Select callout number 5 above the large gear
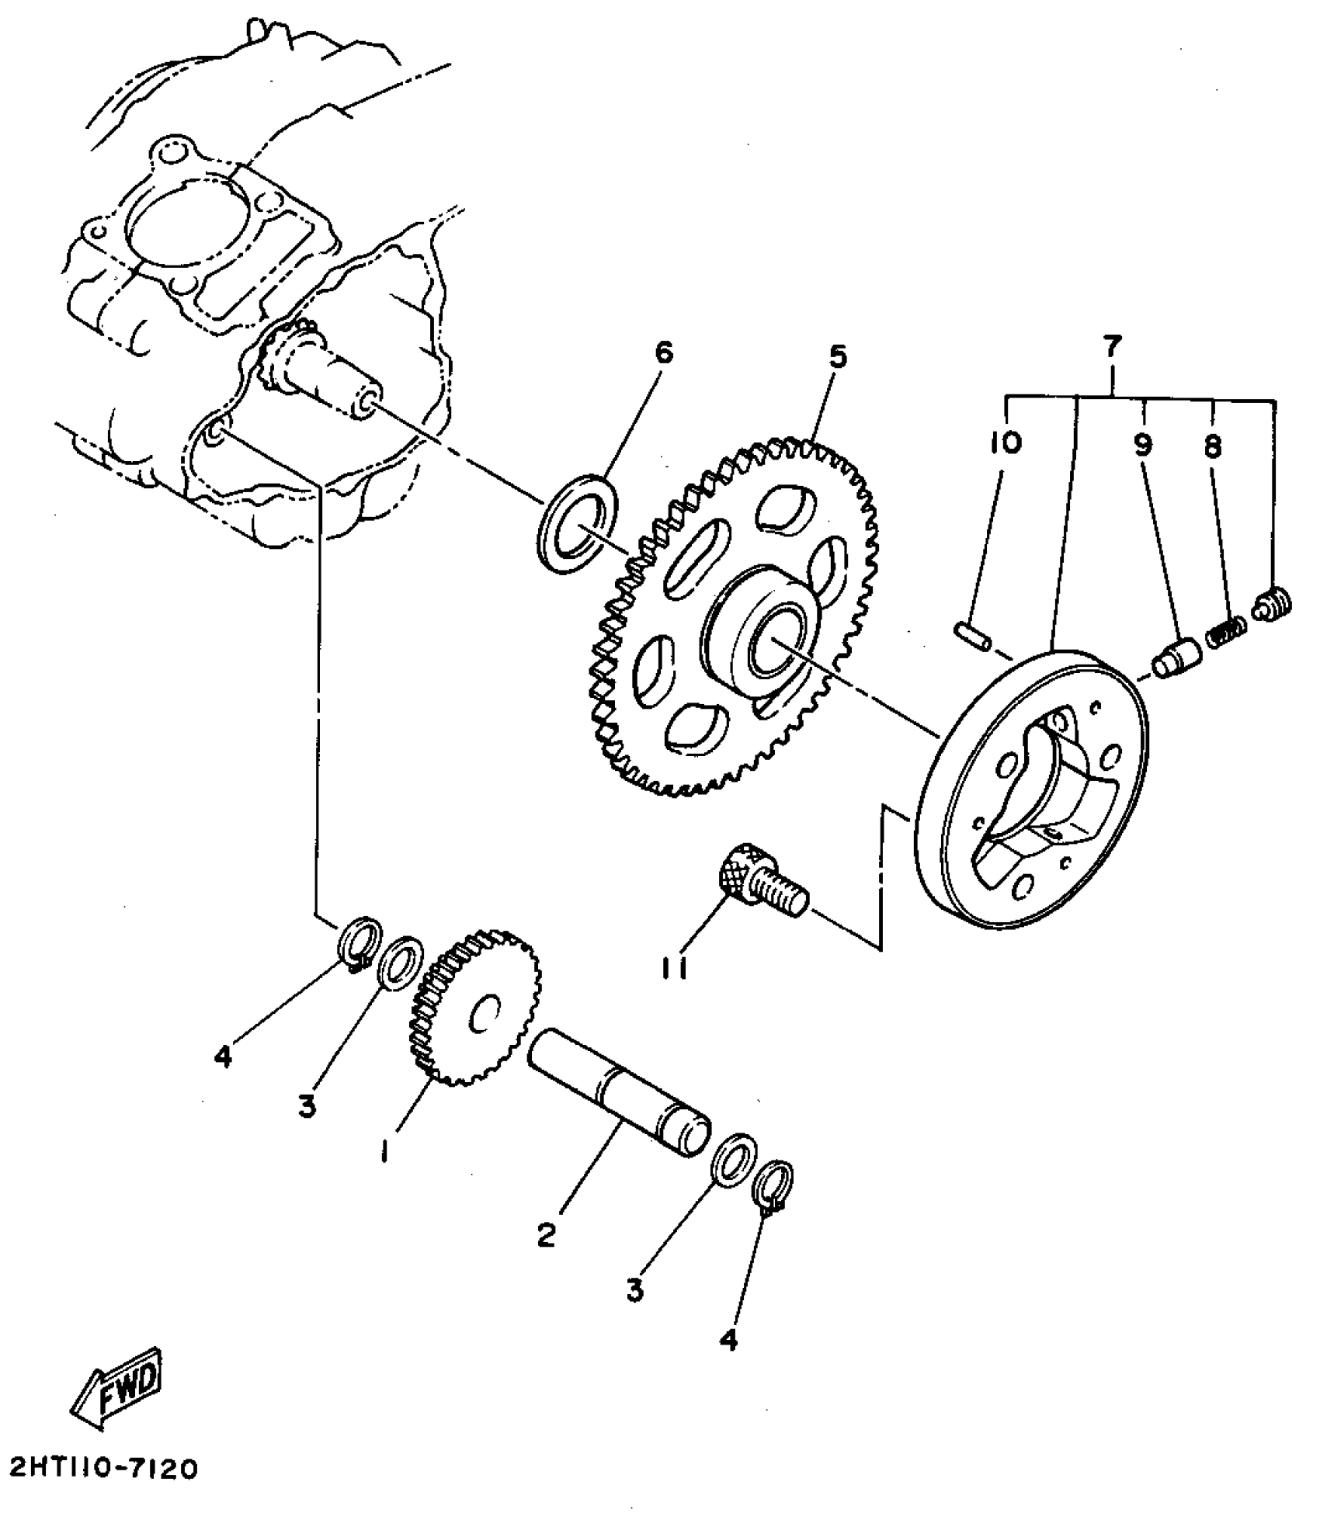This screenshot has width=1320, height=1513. point(837,356)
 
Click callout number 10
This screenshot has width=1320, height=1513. point(1006,442)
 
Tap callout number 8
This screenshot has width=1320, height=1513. point(1212,446)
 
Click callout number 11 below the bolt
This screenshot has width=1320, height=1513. point(675,969)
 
